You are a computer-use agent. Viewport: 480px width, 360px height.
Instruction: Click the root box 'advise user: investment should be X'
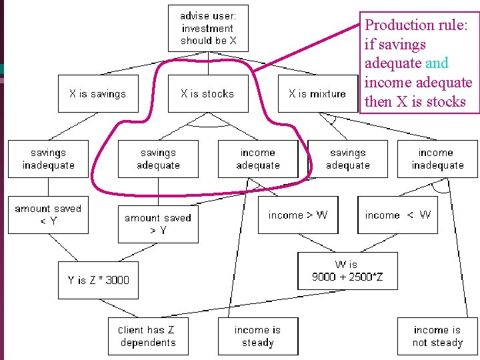[207, 29]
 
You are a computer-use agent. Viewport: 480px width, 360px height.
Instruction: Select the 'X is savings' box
[97, 94]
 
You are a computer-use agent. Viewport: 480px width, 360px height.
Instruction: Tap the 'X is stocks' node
[207, 94]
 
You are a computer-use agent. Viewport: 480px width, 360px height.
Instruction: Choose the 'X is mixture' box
[317, 94]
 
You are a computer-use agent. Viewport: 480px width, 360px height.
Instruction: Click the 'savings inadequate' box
[48, 159]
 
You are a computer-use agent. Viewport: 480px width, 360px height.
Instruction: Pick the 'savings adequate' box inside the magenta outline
[158, 159]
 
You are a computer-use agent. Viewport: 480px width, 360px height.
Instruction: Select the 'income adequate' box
[258, 159]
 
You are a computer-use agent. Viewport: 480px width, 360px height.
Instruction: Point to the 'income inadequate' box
[437, 159]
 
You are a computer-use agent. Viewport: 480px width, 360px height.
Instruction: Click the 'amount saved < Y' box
[48, 215]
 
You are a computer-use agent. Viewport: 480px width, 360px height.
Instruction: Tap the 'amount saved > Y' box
[158, 224]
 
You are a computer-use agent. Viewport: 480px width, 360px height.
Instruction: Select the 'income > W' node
[298, 215]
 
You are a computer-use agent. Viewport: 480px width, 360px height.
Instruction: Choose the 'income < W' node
[398, 215]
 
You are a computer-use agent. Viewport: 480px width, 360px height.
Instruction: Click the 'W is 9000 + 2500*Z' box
[347, 271]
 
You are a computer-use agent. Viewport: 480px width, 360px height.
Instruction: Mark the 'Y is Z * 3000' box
[99, 280]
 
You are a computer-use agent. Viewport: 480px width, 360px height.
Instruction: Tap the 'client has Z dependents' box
[148, 336]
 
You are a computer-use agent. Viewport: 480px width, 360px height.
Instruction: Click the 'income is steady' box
[258, 336]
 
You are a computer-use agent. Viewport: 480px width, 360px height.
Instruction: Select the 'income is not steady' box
[437, 336]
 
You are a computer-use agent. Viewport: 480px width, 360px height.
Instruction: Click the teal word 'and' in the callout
[437, 63]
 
